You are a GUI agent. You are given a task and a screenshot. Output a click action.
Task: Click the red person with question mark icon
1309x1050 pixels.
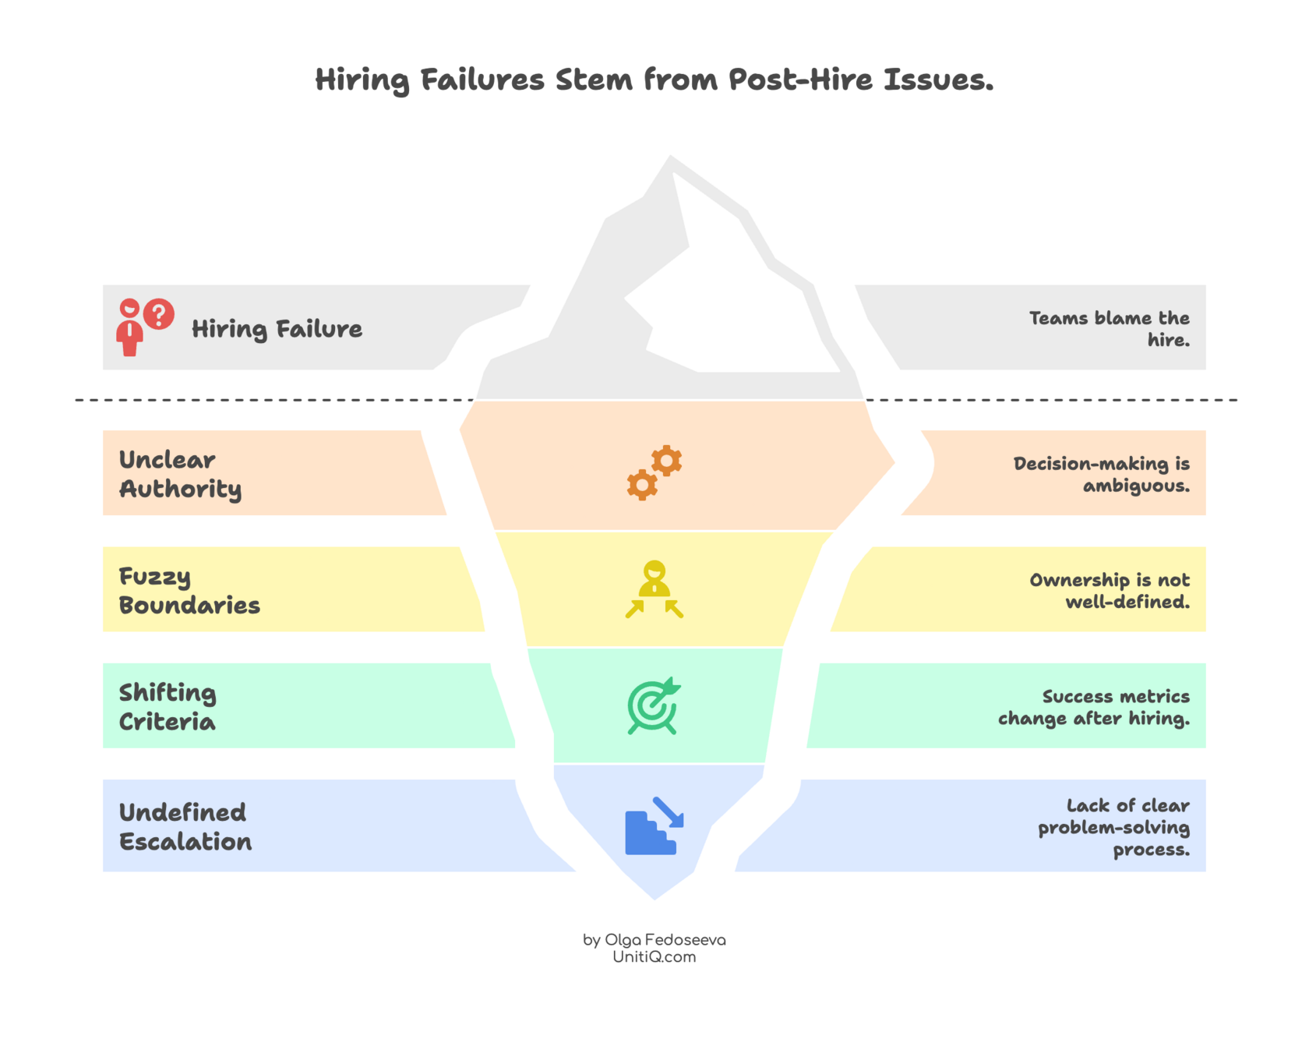pyautogui.click(x=145, y=327)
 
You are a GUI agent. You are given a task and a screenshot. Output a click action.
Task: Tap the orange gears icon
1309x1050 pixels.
pyautogui.click(x=654, y=473)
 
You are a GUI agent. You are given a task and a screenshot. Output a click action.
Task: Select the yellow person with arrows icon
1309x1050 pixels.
pyautogui.click(x=654, y=589)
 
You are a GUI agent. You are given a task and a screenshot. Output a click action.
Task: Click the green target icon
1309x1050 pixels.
pyautogui.click(x=654, y=706)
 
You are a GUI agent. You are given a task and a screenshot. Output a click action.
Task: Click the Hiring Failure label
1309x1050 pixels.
pyautogui.click(x=277, y=329)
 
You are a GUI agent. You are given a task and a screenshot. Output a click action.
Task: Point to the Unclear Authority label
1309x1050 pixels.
pyautogui.click(x=180, y=474)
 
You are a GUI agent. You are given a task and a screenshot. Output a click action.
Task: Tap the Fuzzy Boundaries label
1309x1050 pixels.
pyautogui.click(x=189, y=590)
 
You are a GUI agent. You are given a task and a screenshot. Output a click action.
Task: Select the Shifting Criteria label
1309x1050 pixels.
pyautogui.click(x=168, y=707)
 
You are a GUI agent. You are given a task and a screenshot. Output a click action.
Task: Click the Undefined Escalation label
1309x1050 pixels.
pyautogui.click(x=185, y=827)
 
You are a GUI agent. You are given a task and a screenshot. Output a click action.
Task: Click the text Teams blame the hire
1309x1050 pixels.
pyautogui.click(x=1110, y=328)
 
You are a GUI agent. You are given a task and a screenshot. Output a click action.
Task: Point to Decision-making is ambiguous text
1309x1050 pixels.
pyautogui.click(x=1101, y=474)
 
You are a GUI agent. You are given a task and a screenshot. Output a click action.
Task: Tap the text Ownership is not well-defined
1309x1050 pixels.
pyautogui.click(x=1110, y=590)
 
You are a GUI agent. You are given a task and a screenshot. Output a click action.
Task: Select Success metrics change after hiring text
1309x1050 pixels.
pyautogui.click(x=1094, y=707)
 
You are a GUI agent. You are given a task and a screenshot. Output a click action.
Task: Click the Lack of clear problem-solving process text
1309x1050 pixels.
pyautogui.click(x=1114, y=827)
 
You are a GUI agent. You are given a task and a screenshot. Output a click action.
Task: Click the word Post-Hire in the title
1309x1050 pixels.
pyautogui.click(x=800, y=79)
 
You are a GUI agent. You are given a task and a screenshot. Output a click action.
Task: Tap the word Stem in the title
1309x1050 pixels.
pyautogui.click(x=594, y=79)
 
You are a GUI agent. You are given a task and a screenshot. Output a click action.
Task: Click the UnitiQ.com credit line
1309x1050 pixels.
pyautogui.click(x=654, y=958)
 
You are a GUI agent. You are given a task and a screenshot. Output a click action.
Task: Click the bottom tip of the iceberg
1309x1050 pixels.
pyautogui.click(x=654, y=901)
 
